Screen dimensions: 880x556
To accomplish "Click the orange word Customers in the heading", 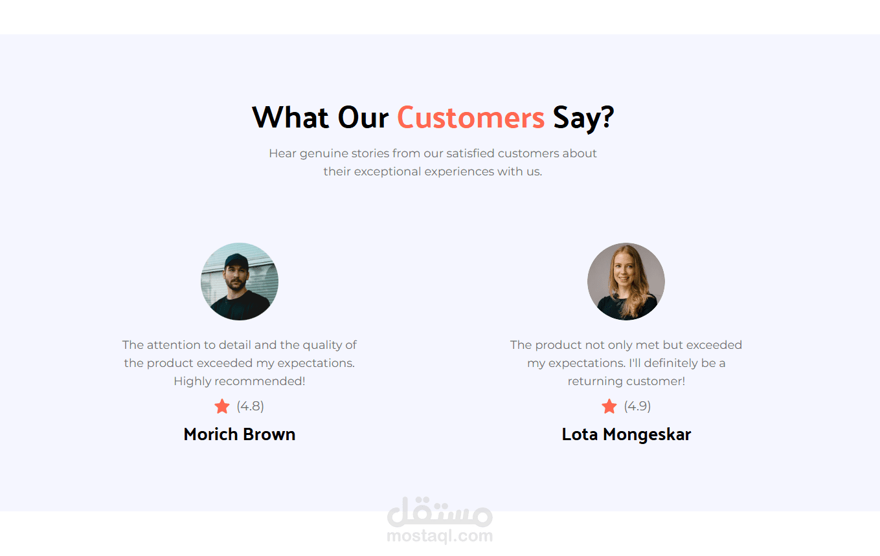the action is click(x=471, y=117).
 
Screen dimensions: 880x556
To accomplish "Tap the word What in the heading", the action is click(x=290, y=117).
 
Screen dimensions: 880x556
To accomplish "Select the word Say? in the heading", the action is click(x=583, y=118).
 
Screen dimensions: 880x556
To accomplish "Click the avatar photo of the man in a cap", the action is click(x=240, y=281).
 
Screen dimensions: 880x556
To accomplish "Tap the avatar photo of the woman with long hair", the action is click(x=626, y=281).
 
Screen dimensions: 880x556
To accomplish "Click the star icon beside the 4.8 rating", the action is click(x=222, y=406).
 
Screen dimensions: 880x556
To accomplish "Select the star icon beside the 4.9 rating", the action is click(x=609, y=406).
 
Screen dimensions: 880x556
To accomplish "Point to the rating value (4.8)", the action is click(x=250, y=406).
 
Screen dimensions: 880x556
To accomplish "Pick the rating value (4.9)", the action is click(x=637, y=406).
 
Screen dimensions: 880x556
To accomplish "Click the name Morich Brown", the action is click(x=240, y=434).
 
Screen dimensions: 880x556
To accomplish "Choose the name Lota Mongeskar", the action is click(x=626, y=435).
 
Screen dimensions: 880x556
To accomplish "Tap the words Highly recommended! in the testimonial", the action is click(x=240, y=381).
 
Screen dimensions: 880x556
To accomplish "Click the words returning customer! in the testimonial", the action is click(x=626, y=381).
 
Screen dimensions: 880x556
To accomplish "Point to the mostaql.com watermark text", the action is click(x=440, y=536).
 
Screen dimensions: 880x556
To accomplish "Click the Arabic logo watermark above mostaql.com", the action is click(x=440, y=512).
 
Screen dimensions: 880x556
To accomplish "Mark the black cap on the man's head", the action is click(x=236, y=261).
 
